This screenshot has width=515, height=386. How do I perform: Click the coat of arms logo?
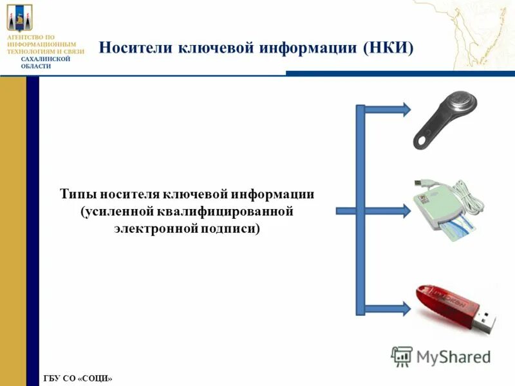pyautogui.click(x=19, y=17)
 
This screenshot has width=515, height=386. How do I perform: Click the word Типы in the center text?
pyautogui.click(x=77, y=194)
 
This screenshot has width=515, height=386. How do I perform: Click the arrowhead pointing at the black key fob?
pyautogui.click(x=405, y=109)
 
